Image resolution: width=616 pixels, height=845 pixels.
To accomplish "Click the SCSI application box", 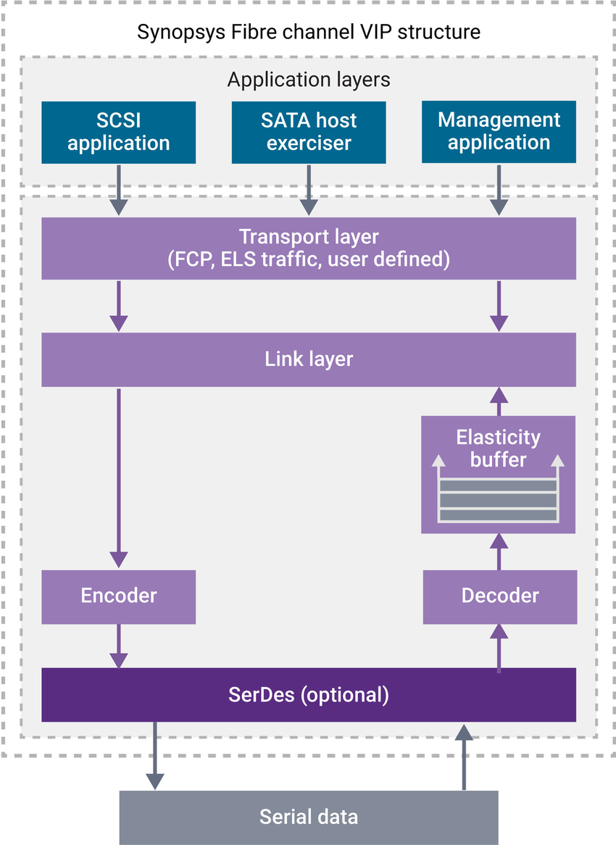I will (x=118, y=132).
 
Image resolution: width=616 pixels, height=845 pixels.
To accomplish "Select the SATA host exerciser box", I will (x=309, y=132).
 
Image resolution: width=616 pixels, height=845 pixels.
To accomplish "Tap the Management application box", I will (x=499, y=132).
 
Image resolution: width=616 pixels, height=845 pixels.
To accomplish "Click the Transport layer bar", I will (x=309, y=248).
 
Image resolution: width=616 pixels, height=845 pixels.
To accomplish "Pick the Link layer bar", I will (x=309, y=359).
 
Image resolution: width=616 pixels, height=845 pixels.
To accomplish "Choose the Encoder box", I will (x=118, y=596).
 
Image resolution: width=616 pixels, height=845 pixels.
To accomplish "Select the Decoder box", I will (x=499, y=596).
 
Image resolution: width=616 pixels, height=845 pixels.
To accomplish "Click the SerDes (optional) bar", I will (x=309, y=695).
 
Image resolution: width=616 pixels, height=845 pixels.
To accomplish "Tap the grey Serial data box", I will (x=309, y=817).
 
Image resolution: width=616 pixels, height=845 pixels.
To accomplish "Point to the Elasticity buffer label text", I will (x=499, y=448).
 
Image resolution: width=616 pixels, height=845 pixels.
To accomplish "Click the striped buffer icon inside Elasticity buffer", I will (x=499, y=499).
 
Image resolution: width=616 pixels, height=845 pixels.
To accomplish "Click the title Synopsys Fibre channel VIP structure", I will (x=309, y=32).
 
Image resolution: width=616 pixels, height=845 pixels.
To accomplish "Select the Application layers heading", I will (x=309, y=80).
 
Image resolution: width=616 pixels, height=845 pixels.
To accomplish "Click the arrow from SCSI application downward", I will (x=118, y=189).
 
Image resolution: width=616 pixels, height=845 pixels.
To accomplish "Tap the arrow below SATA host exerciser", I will (x=309, y=189).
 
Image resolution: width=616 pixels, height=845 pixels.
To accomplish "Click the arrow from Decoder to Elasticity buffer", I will (x=499, y=551).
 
